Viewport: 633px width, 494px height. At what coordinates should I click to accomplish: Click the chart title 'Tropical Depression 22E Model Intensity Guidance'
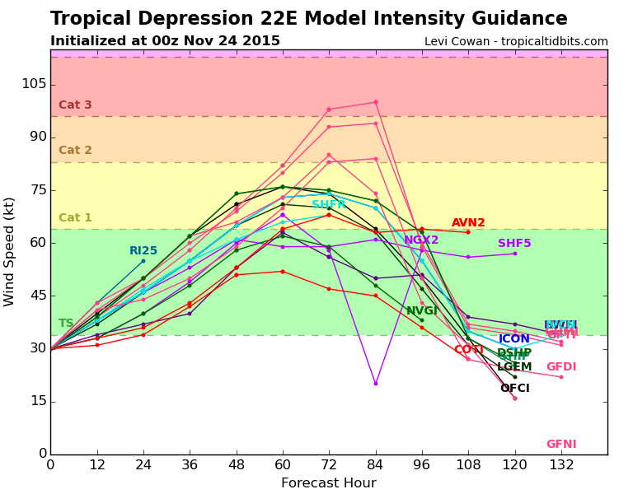(x=308, y=19)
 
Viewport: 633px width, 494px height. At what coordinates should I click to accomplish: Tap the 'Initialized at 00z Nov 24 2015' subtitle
(x=165, y=41)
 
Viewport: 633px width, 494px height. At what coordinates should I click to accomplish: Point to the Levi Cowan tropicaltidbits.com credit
(x=516, y=42)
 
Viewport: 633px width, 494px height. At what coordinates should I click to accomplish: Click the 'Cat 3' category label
(x=75, y=105)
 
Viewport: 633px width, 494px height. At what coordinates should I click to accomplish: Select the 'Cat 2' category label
(x=75, y=151)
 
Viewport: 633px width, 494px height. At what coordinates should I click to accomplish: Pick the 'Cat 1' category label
(x=75, y=218)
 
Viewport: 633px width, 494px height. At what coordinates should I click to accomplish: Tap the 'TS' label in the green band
(x=66, y=324)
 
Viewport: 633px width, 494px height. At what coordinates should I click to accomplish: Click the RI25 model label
(x=143, y=251)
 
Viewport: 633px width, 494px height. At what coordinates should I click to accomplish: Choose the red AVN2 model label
(x=468, y=223)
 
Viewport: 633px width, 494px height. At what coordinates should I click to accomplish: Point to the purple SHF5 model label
(x=514, y=244)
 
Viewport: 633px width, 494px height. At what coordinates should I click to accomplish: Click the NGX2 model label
(x=421, y=240)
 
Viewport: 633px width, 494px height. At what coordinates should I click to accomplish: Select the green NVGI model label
(x=421, y=311)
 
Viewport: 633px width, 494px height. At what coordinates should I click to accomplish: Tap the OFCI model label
(x=514, y=389)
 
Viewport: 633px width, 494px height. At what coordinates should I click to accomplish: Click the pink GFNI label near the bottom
(x=561, y=445)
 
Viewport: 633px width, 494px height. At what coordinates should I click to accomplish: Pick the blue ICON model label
(x=514, y=339)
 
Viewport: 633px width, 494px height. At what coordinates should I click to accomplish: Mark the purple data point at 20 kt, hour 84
(x=375, y=384)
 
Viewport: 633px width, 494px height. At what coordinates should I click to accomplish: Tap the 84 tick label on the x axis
(x=375, y=464)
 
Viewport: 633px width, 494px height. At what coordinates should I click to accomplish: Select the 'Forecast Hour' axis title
(x=328, y=483)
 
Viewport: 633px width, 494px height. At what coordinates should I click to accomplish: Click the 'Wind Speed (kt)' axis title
(x=10, y=251)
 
